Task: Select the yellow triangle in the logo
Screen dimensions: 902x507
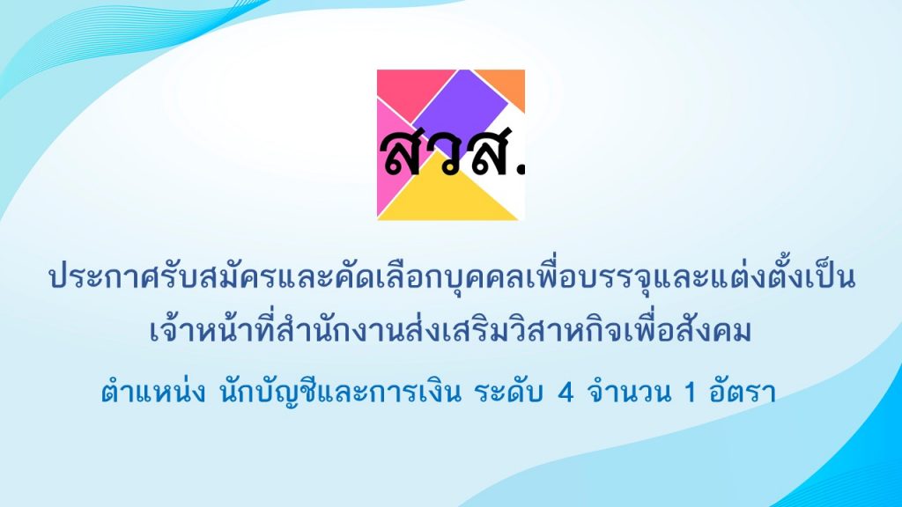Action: (447, 195)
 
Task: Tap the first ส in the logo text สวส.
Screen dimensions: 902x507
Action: (402, 154)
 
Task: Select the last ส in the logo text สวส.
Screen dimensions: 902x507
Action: (488, 154)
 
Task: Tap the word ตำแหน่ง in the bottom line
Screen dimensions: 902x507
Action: (153, 392)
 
